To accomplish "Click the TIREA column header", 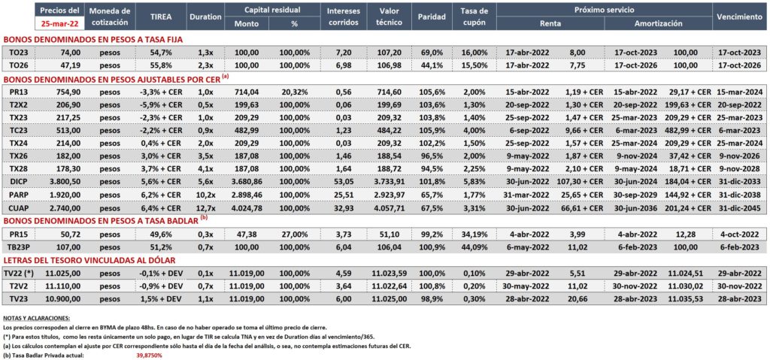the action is (162, 17).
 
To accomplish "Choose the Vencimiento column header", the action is (739, 17).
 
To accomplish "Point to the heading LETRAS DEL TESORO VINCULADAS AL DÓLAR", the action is (89, 260).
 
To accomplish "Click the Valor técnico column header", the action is (391, 17).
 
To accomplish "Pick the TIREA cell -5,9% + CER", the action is (162, 105).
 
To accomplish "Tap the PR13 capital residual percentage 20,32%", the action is (295, 92).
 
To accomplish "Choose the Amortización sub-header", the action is (658, 23).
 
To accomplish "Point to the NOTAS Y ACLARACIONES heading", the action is (36, 318).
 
